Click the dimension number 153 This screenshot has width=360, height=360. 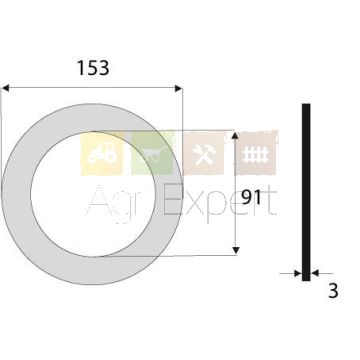[93, 68]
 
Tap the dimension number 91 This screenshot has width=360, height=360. [251, 198]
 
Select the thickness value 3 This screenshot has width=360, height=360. [333, 291]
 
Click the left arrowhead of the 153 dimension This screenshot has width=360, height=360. [6, 88]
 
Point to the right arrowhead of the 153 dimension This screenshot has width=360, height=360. [178, 88]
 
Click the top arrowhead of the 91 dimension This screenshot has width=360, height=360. [235, 136]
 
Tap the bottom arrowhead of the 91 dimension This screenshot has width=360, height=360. [236, 250]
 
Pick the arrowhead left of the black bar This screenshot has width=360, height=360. [298, 274]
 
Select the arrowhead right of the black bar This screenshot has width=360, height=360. [315, 274]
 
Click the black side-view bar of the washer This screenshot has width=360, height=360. [306, 192]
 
